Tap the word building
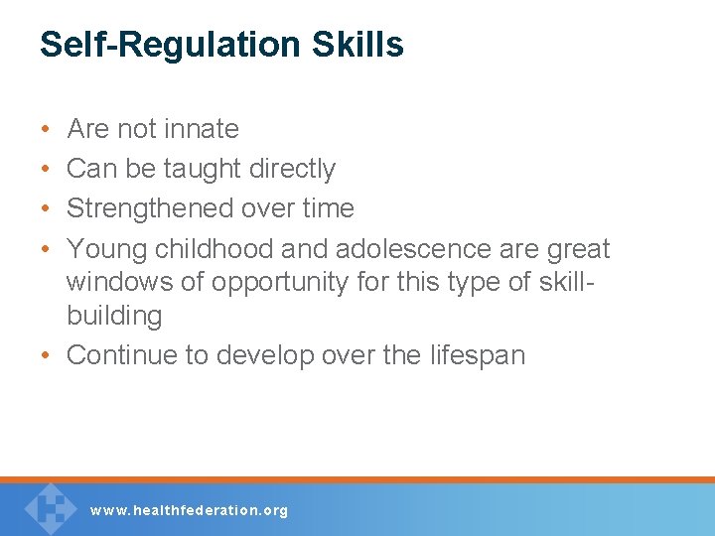point(113,316)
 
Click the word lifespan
point(477,355)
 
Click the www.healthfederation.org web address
point(189,510)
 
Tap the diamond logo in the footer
point(50,507)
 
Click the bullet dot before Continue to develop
point(48,356)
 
